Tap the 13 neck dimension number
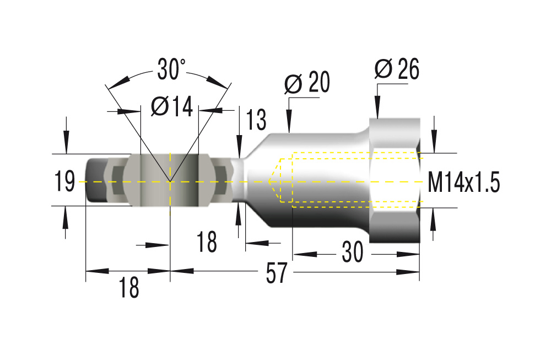(x=256, y=120)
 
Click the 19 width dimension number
(x=65, y=181)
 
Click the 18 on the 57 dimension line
(x=129, y=287)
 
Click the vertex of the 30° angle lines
(x=170, y=181)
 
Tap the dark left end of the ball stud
(x=95, y=181)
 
